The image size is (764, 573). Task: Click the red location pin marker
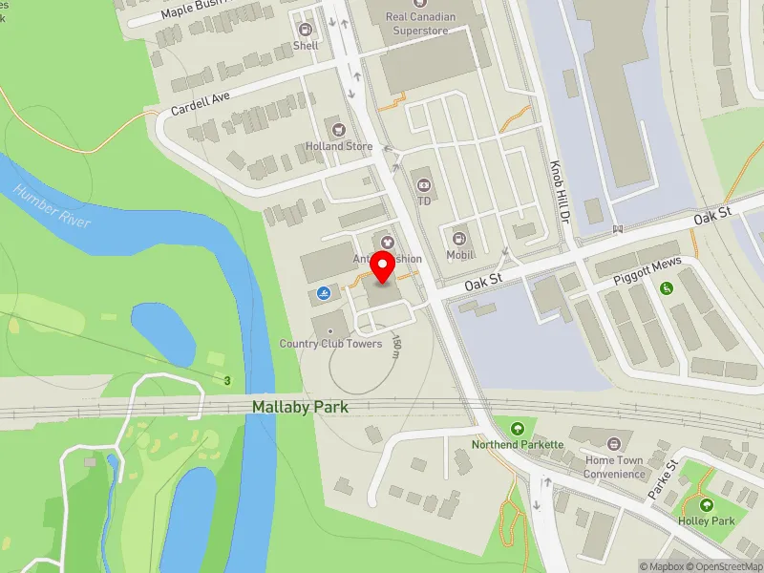pyautogui.click(x=384, y=268)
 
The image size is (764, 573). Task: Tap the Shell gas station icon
pyautogui.click(x=307, y=29)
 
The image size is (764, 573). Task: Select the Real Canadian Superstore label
pyautogui.click(x=421, y=24)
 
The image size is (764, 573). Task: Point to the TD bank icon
pyautogui.click(x=423, y=183)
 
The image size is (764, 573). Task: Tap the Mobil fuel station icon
pyautogui.click(x=459, y=238)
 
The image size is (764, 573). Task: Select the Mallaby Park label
pyautogui.click(x=300, y=407)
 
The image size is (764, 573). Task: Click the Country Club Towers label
pyautogui.click(x=330, y=344)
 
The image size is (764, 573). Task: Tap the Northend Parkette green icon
pyautogui.click(x=518, y=429)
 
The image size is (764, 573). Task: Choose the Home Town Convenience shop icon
pyautogui.click(x=614, y=443)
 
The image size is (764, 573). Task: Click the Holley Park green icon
pyautogui.click(x=707, y=505)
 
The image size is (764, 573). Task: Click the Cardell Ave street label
pyautogui.click(x=202, y=103)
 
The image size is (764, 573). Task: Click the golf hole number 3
pyautogui.click(x=227, y=381)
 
